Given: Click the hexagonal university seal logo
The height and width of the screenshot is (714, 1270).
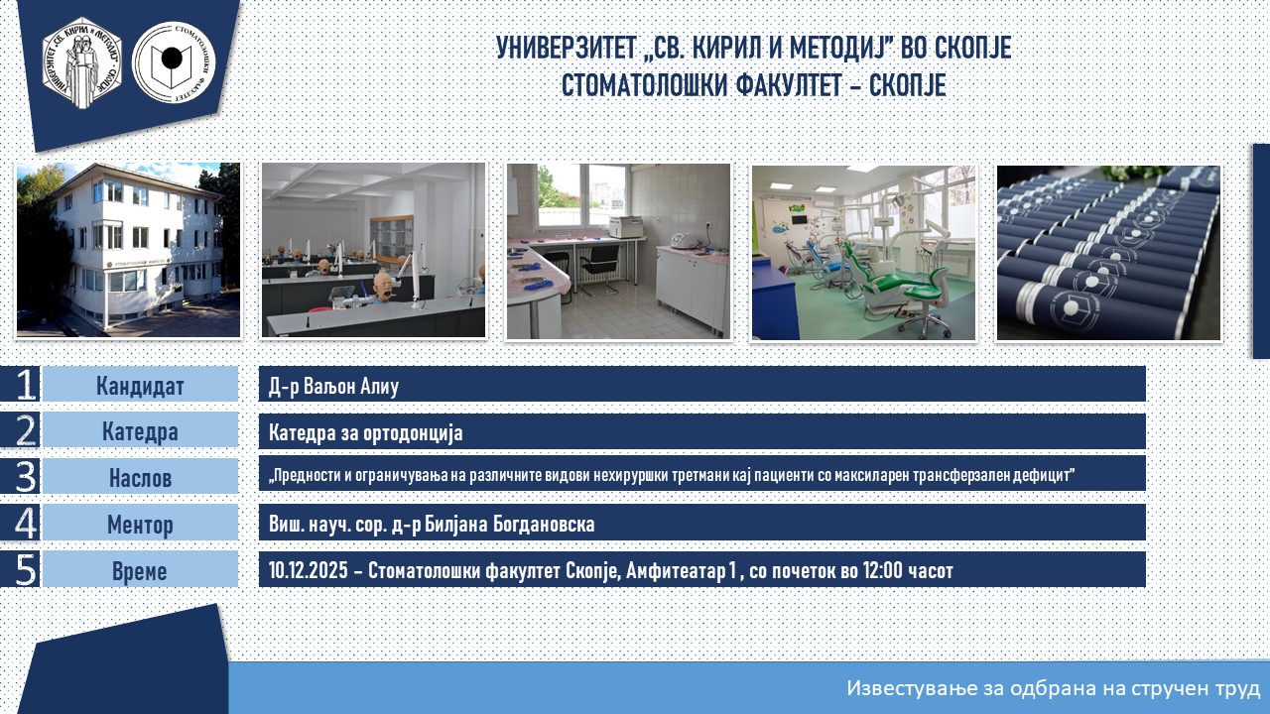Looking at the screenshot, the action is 82,62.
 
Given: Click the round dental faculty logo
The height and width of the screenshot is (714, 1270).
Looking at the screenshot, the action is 174,62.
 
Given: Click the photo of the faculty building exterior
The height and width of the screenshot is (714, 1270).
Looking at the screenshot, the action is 128,250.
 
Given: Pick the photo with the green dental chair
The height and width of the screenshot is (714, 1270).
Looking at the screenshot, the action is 863,253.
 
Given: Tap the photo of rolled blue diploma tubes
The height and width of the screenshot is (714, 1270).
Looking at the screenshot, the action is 1108,253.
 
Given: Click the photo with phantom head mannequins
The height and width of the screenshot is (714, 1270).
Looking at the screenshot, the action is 374,250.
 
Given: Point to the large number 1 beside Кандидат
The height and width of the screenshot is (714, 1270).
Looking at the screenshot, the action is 26,384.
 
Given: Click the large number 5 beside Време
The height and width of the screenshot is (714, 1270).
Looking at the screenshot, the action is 26,569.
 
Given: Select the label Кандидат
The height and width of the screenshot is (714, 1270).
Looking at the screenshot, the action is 140,386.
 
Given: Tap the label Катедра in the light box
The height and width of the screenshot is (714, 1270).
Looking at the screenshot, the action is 140,431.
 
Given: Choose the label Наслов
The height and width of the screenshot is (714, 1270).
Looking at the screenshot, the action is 140,478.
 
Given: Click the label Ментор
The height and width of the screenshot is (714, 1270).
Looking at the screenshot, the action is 140,525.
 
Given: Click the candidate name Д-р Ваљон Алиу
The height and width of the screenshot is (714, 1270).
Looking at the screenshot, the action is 333,386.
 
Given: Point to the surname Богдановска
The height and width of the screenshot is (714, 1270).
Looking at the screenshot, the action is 544,525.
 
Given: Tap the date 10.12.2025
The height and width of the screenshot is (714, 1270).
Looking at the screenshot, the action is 308,570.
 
